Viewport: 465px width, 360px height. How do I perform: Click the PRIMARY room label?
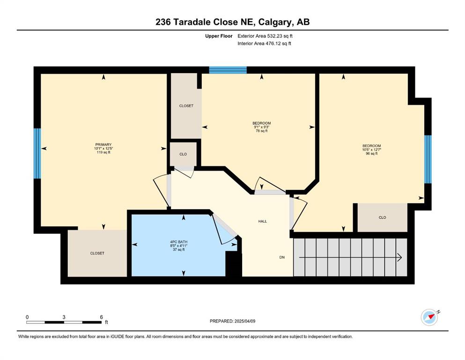103,144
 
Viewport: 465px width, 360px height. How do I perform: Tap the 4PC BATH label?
178,242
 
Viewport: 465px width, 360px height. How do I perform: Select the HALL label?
262,221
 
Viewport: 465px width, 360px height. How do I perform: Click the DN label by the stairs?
282,257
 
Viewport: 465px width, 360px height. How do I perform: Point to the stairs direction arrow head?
399,257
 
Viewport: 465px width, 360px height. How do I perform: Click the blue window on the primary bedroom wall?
37,153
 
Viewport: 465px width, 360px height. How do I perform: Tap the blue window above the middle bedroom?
228,70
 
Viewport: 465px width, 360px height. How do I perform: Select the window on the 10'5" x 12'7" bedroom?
428,159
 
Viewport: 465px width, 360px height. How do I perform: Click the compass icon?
429,317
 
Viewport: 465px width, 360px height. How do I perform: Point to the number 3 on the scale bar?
64,317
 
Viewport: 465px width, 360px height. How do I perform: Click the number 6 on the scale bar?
102,317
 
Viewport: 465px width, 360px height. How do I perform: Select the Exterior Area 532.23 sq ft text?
265,36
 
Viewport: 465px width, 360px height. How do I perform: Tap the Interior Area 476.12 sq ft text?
264,43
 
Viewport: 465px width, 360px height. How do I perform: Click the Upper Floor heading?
219,36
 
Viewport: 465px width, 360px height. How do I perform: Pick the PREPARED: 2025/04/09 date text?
232,321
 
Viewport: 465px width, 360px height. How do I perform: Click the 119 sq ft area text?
103,152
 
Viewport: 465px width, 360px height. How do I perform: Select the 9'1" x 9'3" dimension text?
262,127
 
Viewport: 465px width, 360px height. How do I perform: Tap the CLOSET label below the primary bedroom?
97,253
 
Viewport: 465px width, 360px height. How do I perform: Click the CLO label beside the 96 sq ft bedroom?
382,217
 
